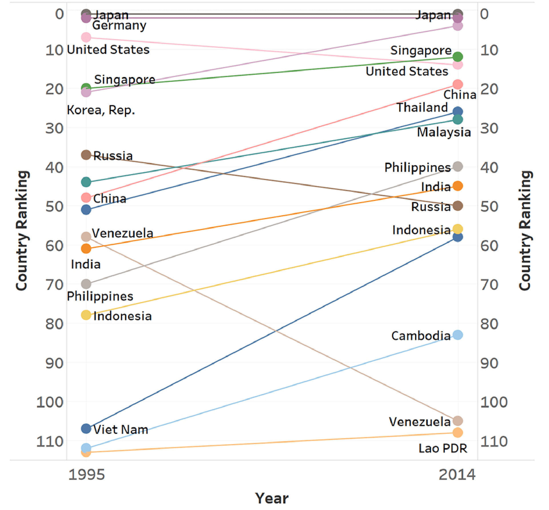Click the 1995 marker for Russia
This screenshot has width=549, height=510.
click(86, 155)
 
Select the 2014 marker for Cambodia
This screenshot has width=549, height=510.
click(458, 335)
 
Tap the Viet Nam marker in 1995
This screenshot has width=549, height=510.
click(86, 428)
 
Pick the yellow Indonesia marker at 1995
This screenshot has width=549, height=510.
click(86, 315)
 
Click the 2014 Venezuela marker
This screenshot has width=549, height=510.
click(458, 421)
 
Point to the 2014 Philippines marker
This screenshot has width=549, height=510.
click(458, 166)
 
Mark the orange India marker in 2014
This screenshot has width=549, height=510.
click(458, 186)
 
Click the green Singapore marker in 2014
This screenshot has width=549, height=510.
click(458, 57)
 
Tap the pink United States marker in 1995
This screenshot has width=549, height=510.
click(86, 37)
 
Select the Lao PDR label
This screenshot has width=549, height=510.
click(443, 448)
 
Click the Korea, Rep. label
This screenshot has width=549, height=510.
click(101, 110)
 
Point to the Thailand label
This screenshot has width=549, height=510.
click(422, 108)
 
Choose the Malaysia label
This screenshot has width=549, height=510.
click(444, 132)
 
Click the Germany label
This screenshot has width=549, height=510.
click(119, 25)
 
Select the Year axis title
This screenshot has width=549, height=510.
click(272, 498)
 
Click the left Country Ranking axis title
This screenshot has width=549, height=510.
click(22, 231)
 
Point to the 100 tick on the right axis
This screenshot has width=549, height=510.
click(494, 402)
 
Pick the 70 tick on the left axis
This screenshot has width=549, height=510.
click(54, 285)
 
